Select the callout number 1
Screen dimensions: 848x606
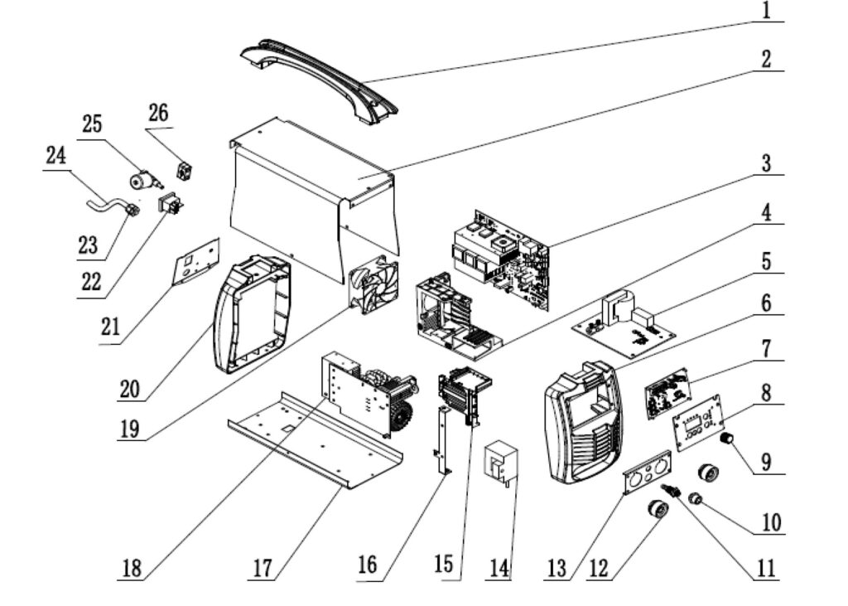pyautogui.click(x=766, y=11)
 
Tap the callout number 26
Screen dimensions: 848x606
pyautogui.click(x=158, y=113)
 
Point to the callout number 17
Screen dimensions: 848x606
pyautogui.click(x=263, y=568)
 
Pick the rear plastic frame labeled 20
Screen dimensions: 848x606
pyautogui.click(x=252, y=314)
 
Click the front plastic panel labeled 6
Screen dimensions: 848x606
pyautogui.click(x=585, y=423)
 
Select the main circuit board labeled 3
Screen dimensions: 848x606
pyautogui.click(x=500, y=260)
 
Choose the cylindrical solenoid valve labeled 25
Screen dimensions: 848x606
pyautogui.click(x=144, y=180)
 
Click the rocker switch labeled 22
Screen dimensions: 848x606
pyautogui.click(x=171, y=202)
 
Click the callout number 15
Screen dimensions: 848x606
pyautogui.click(x=444, y=564)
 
